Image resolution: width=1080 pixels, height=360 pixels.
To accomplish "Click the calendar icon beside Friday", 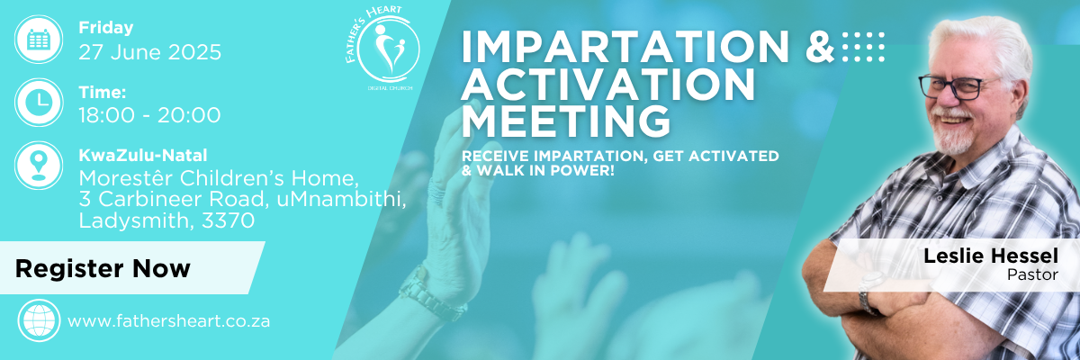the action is click(x=39, y=39).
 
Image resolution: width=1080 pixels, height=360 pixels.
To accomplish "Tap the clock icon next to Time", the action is click(x=39, y=103).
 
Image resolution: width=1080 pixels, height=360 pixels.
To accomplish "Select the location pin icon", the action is click(x=39, y=166).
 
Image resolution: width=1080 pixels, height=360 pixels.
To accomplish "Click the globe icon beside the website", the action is click(x=39, y=320).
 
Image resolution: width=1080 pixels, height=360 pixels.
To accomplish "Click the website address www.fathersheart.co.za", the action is click(x=169, y=321).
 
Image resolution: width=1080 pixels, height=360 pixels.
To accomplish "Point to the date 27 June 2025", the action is click(x=150, y=52).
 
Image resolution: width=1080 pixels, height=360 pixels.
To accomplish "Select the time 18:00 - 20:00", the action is click(x=149, y=115).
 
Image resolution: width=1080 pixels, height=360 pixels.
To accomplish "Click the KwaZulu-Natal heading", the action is click(x=143, y=155).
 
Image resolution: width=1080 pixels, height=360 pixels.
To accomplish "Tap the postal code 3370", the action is click(x=228, y=220).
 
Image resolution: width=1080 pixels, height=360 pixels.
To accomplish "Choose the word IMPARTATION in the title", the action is click(x=625, y=47).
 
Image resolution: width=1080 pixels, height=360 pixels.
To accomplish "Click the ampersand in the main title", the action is click(x=820, y=47).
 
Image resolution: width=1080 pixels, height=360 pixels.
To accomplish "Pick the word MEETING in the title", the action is click(x=566, y=121).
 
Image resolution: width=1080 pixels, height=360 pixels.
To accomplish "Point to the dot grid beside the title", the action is click(x=863, y=47).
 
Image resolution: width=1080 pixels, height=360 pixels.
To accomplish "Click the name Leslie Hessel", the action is click(x=991, y=256).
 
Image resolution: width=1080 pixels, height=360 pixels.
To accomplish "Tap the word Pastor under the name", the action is click(x=1032, y=274).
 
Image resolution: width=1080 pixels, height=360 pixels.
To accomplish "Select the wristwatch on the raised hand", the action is click(x=430, y=294).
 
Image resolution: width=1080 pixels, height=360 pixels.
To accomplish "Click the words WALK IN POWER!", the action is click(x=545, y=171).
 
